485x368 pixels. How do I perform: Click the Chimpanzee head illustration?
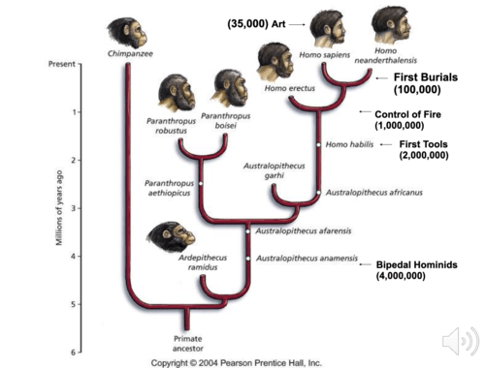tap(127, 32)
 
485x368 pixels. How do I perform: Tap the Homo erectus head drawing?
tap(275, 62)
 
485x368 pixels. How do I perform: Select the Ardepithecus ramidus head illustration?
tap(171, 237)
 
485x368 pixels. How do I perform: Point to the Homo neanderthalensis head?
tap(391, 25)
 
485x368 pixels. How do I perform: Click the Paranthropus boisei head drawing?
tap(230, 88)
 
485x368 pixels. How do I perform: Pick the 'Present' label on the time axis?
tap(62, 64)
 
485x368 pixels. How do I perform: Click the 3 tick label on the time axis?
tap(74, 208)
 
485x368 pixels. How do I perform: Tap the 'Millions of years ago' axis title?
tap(59, 207)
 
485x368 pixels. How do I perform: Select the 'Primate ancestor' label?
tap(188, 344)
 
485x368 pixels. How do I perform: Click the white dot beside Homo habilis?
tap(318, 144)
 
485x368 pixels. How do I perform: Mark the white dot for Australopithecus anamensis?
tap(248, 259)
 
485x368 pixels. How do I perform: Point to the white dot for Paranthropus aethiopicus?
tap(201, 183)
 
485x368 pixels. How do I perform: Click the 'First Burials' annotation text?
tap(426, 77)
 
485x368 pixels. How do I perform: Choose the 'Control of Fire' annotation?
tap(407, 120)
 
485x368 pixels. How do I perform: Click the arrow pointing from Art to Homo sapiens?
tap(297, 24)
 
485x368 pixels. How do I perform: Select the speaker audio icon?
tap(461, 341)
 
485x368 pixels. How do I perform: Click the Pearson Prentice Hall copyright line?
tap(237, 363)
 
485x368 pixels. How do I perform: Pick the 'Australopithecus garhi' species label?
tap(275, 170)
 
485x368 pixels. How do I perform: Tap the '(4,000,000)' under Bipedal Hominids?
tap(401, 276)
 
